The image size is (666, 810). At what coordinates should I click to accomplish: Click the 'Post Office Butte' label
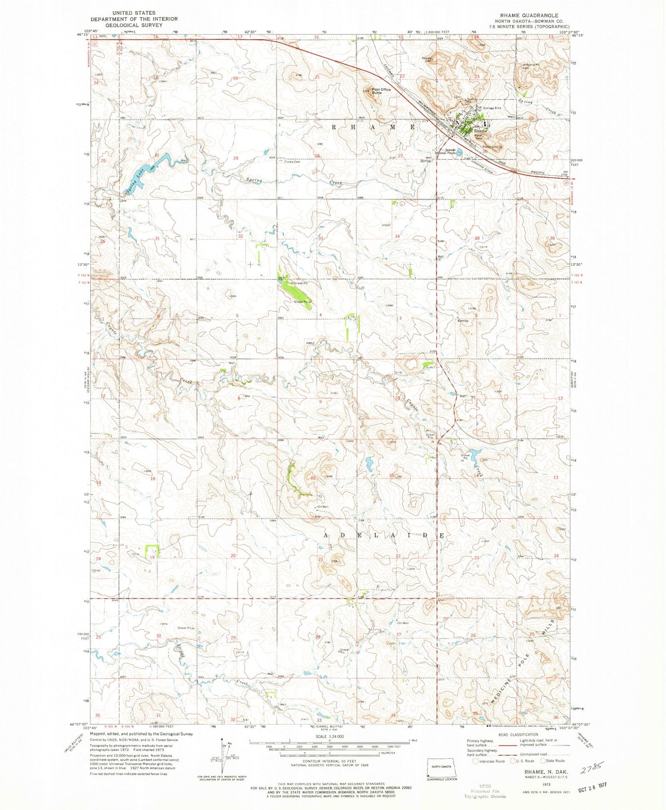tap(381, 91)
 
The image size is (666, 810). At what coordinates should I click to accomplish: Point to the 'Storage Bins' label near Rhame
tap(491, 108)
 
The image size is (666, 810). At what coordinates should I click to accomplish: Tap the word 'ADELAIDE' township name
tap(383, 536)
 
